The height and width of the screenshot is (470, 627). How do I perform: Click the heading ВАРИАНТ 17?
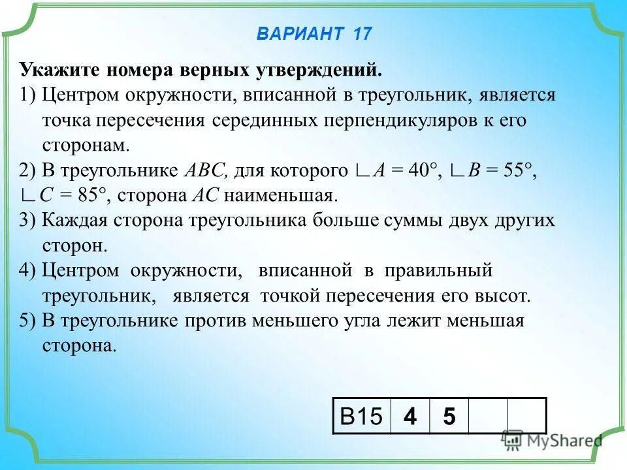tap(313, 34)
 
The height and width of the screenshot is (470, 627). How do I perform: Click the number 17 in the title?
tap(362, 34)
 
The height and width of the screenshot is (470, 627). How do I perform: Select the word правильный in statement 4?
tap(438, 270)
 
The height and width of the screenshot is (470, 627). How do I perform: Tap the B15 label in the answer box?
tap(361, 416)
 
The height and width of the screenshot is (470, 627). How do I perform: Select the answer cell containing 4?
tap(410, 416)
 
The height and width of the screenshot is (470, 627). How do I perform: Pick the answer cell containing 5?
tap(449, 416)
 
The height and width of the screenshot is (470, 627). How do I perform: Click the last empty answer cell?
tap(526, 416)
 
